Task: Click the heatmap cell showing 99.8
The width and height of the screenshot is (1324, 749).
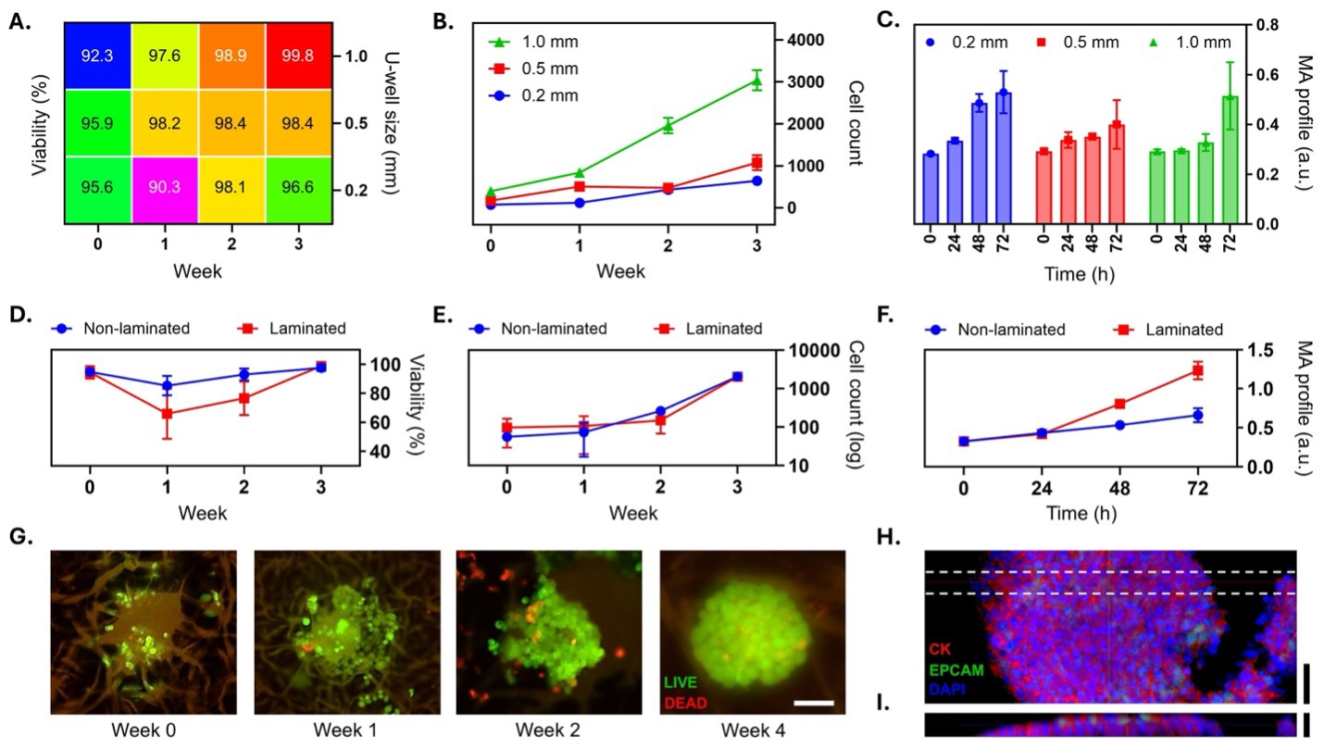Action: [299, 56]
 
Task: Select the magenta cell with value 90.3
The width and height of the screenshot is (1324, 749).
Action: [165, 189]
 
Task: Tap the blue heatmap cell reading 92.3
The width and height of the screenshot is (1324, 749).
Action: [97, 56]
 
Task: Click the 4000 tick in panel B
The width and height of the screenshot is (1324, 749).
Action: [804, 40]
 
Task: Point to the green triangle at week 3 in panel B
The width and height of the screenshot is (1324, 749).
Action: [756, 81]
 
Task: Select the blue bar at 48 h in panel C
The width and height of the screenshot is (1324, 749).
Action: [979, 163]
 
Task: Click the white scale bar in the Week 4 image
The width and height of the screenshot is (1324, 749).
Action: [814, 703]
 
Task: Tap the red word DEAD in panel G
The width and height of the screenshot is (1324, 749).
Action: [686, 703]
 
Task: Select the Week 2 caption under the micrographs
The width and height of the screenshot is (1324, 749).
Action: [549, 730]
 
